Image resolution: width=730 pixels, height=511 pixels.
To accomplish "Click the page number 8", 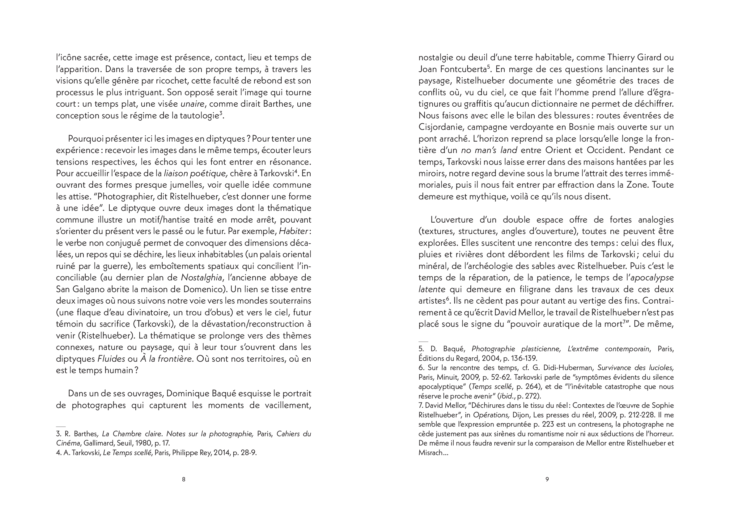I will click(x=184, y=479).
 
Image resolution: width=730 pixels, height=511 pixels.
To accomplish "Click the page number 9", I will click(x=547, y=479).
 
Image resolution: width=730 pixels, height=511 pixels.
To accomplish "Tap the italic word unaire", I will click(x=192, y=104).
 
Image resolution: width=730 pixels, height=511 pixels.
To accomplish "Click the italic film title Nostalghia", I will click(x=201, y=278).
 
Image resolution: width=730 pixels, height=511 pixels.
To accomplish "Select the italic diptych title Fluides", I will click(x=111, y=359).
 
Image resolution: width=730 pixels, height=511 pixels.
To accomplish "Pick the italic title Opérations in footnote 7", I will click(x=491, y=415).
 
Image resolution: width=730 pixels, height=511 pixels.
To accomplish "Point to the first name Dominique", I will click(x=185, y=394).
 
